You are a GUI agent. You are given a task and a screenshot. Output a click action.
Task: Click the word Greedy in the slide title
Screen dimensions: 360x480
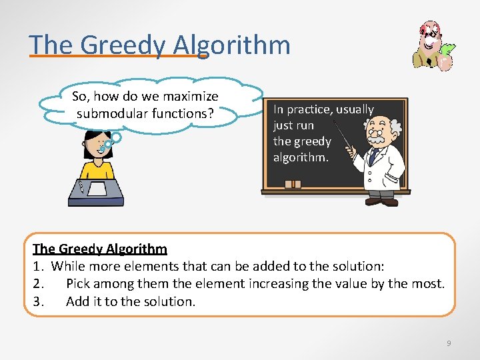(x=122, y=45)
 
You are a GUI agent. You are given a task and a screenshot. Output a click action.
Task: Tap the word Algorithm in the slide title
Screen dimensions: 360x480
(x=231, y=45)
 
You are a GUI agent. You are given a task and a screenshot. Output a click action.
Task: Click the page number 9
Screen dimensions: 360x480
(x=449, y=343)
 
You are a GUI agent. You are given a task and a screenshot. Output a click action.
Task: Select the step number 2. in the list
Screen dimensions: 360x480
(x=39, y=284)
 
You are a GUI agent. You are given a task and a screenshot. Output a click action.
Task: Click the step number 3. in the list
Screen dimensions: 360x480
(x=39, y=301)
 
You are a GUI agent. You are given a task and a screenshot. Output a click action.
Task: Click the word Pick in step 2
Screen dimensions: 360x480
(x=77, y=284)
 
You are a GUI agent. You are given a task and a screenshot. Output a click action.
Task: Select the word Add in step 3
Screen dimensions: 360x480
(x=77, y=301)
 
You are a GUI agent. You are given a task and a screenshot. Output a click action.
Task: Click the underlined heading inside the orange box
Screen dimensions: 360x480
(x=100, y=249)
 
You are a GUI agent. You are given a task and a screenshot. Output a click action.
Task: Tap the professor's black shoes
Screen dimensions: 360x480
(x=382, y=201)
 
